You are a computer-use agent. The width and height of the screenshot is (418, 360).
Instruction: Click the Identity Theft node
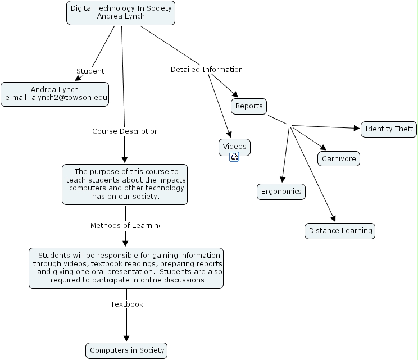(x=389, y=129)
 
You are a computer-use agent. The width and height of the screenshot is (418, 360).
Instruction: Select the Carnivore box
(x=339, y=159)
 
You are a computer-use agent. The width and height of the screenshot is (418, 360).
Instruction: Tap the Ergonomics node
(x=281, y=192)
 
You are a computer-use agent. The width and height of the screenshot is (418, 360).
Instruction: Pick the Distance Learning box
(x=340, y=231)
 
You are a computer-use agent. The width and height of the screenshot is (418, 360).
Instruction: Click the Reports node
(x=249, y=106)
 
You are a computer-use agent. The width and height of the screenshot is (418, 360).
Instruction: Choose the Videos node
(x=234, y=147)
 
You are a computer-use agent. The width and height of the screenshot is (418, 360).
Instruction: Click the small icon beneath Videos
(x=234, y=157)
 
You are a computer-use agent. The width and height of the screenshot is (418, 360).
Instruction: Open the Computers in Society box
(x=127, y=350)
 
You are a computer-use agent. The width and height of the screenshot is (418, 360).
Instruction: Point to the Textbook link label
(x=126, y=304)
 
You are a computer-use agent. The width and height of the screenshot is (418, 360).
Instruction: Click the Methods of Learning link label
(x=125, y=226)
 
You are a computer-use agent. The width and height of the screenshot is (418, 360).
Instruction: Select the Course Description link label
(x=124, y=131)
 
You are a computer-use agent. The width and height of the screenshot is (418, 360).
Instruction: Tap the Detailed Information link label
(x=206, y=70)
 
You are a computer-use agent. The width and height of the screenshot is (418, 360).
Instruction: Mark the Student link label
(x=90, y=71)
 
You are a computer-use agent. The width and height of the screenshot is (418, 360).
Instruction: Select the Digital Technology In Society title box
(x=121, y=12)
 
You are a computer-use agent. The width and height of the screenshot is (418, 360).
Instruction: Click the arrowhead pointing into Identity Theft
(x=356, y=129)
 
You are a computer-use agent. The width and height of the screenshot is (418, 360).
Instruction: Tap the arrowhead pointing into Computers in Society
(x=126, y=339)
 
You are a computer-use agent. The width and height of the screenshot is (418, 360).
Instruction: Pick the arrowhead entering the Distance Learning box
(x=333, y=219)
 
